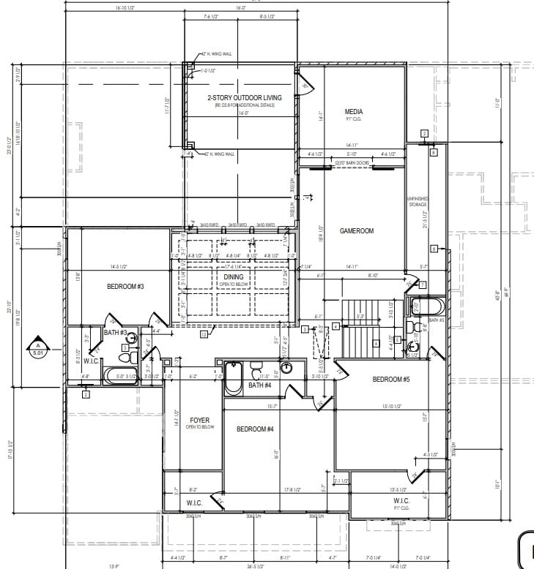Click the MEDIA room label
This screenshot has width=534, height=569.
pyautogui.click(x=354, y=112)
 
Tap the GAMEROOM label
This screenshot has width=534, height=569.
pyautogui.click(x=357, y=230)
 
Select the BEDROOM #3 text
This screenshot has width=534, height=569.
pyautogui.click(x=125, y=287)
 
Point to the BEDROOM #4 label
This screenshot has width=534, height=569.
pyautogui.click(x=255, y=429)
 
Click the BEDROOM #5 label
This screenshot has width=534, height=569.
pyautogui.click(x=390, y=379)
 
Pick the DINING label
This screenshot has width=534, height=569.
pyautogui.click(x=233, y=277)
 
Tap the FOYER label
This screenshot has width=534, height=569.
pyautogui.click(x=199, y=421)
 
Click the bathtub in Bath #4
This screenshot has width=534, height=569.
pyautogui.click(x=233, y=377)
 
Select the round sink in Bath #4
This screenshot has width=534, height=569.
pyautogui.click(x=286, y=368)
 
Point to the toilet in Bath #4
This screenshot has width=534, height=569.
pyautogui.click(x=256, y=368)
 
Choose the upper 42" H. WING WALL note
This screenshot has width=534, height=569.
pyautogui.click(x=218, y=55)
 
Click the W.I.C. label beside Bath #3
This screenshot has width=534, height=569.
pyautogui.click(x=92, y=361)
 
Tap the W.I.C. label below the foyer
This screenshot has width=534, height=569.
pyautogui.click(x=194, y=502)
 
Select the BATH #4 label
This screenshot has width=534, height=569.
pyautogui.click(x=259, y=385)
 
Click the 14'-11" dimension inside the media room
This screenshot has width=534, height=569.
pyautogui.click(x=354, y=146)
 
